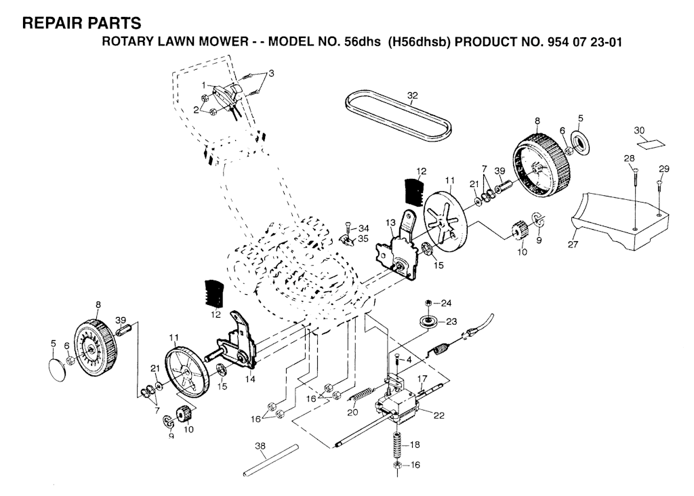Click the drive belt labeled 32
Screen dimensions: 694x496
(x=399, y=113)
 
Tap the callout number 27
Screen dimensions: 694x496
(x=573, y=244)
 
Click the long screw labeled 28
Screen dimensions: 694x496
(x=635, y=199)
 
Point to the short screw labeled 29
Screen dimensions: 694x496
(x=659, y=196)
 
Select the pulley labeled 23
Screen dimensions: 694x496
(x=428, y=322)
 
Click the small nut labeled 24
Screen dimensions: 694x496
(x=428, y=303)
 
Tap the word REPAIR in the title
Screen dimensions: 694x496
(x=49, y=23)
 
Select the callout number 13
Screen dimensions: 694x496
(x=390, y=222)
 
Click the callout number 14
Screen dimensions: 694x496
(x=251, y=379)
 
